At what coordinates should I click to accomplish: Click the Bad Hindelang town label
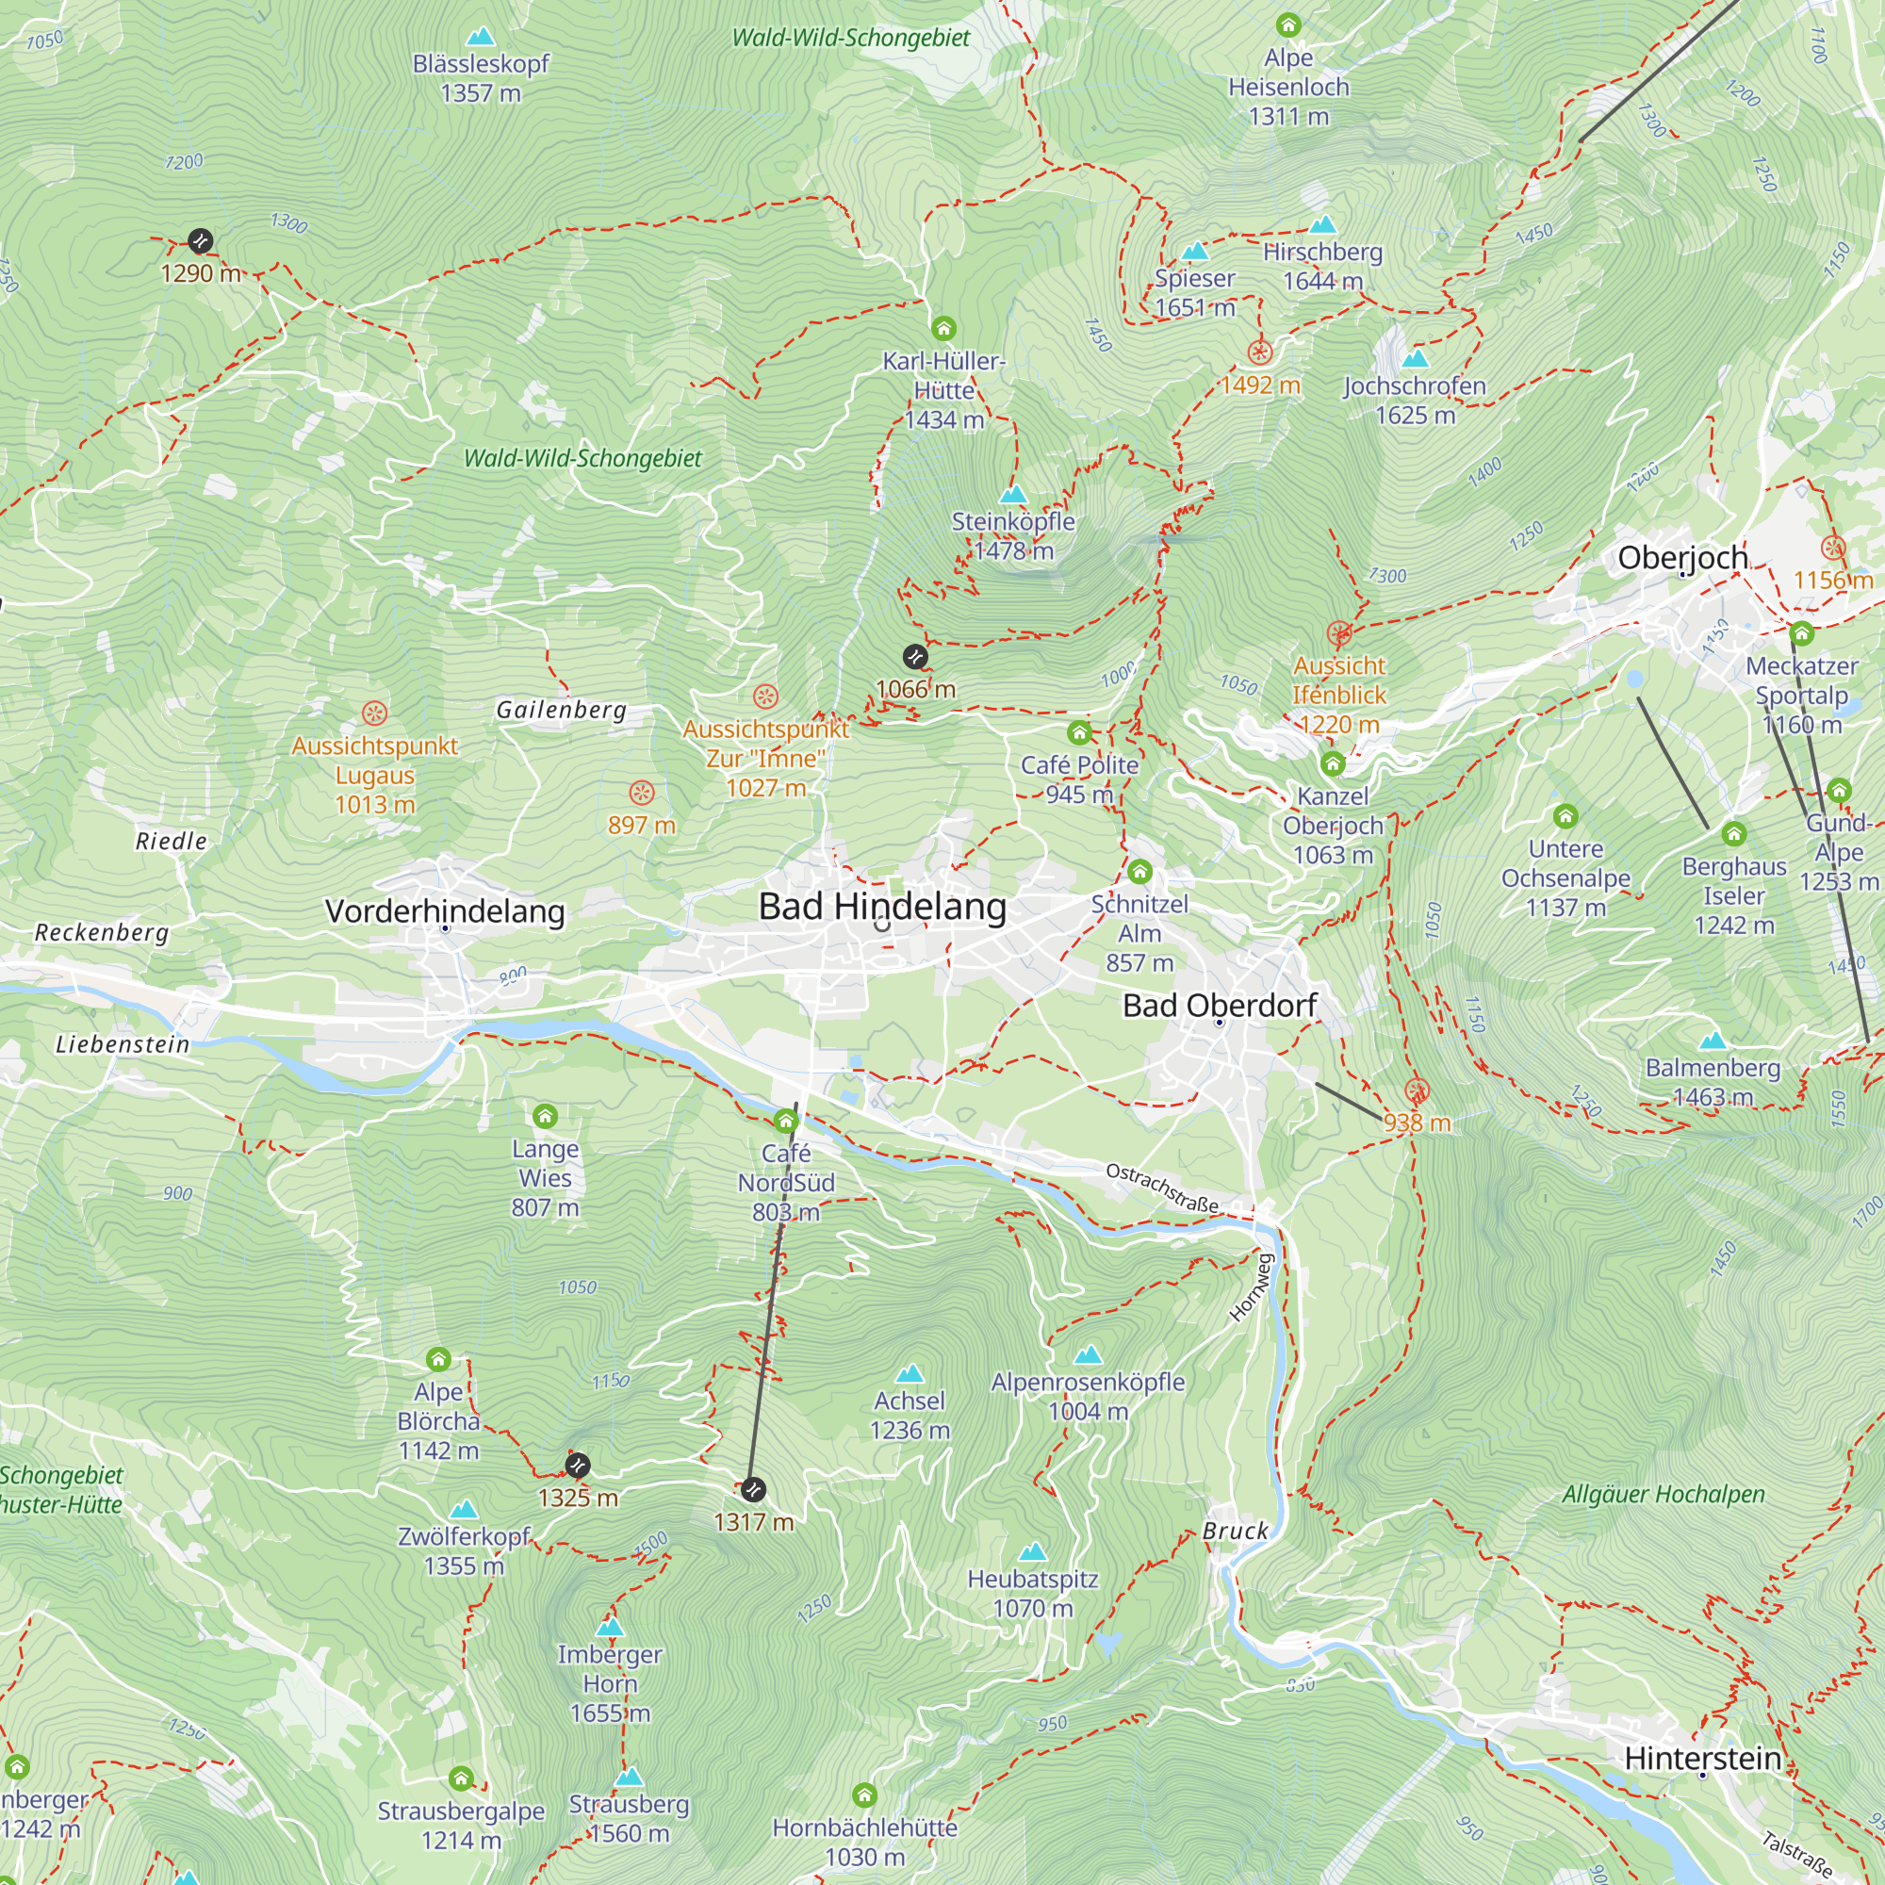coord(882,907)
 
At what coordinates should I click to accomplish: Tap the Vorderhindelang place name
coord(445,911)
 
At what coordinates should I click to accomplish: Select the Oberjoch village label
coord(1682,558)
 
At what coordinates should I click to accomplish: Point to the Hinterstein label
coord(1702,1758)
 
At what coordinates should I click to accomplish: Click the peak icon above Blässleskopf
coord(480,38)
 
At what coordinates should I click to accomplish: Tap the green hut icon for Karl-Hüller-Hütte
coord(943,328)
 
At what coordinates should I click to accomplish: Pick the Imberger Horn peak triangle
coord(610,1627)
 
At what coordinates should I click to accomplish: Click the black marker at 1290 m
coord(200,241)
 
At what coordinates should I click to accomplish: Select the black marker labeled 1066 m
coord(914,657)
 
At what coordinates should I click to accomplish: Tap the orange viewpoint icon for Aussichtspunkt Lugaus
coord(375,713)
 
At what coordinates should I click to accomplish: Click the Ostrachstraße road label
coord(1162,1188)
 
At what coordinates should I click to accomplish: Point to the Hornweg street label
coord(1252,1287)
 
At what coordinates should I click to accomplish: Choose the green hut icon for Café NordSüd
coord(786,1120)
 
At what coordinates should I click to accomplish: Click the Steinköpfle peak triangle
coord(1014,494)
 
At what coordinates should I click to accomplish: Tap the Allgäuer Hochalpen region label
coord(1663,1494)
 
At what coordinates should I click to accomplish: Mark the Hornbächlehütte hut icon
coord(864,1795)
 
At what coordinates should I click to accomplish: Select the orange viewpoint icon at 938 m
coord(1417,1090)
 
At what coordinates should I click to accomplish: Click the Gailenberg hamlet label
coord(561,711)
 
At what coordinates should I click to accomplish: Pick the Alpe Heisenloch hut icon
coord(1287,25)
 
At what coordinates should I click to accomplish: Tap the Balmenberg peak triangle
coord(1713,1041)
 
